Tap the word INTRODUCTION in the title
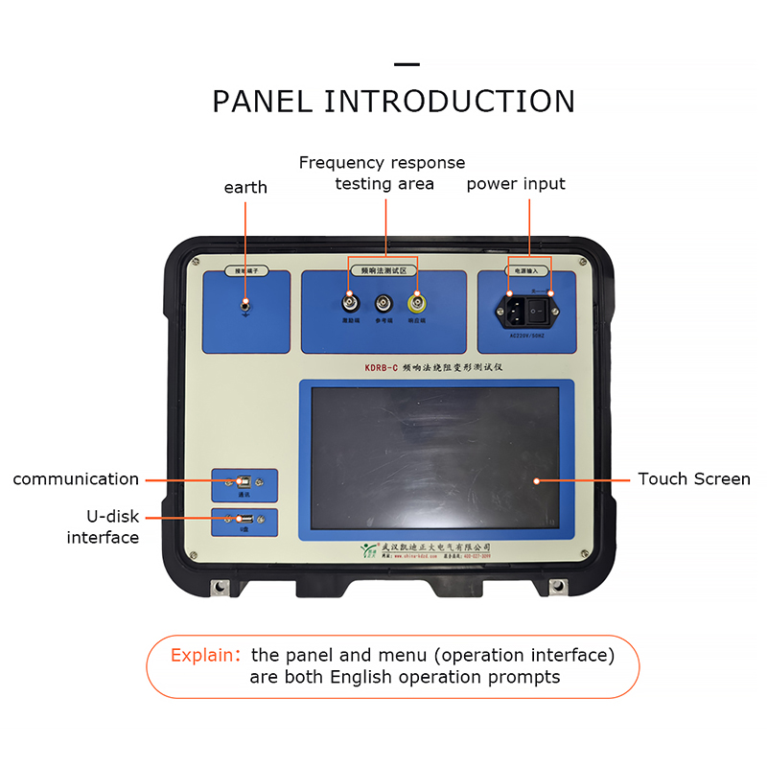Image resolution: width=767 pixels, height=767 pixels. (450, 102)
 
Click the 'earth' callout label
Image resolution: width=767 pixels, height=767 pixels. (245, 187)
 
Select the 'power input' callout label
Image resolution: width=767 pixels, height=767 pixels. (516, 183)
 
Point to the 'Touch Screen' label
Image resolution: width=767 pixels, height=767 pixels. (694, 478)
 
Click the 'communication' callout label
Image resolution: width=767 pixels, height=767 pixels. (76, 478)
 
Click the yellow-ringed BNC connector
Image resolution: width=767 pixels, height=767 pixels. (417, 304)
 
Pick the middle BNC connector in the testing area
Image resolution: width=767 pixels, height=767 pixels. (383, 305)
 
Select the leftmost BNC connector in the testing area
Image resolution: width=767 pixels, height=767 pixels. (349, 304)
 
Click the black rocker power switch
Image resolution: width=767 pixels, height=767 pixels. (544, 309)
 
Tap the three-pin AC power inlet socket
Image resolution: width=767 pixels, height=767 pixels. (511, 309)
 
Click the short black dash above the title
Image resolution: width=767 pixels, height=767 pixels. (407, 65)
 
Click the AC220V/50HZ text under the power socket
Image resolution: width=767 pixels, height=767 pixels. (527, 336)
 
